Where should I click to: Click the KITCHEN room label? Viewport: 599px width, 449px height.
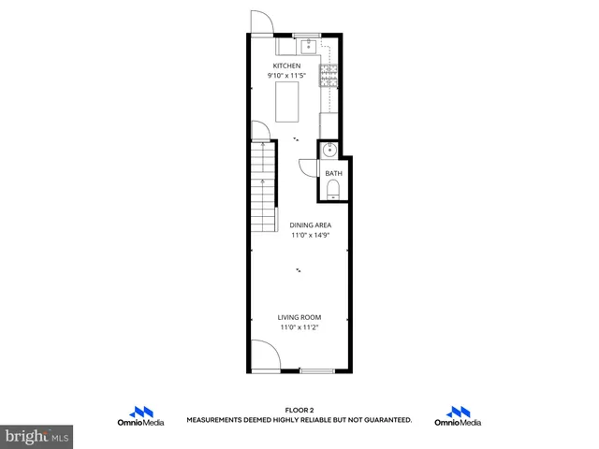coord(286,65)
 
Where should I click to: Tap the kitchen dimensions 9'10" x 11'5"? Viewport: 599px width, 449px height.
coord(286,75)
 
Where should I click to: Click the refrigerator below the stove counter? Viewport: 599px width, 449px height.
coord(329,124)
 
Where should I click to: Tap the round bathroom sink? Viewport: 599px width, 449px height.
coord(329,151)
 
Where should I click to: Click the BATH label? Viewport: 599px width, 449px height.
coord(333,173)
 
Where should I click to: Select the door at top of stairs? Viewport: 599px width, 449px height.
coord(260,135)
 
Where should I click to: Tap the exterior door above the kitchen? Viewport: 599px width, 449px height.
coord(260,22)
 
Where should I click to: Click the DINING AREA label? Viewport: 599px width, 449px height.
coord(310,225)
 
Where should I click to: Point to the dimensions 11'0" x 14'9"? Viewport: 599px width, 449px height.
coord(310,236)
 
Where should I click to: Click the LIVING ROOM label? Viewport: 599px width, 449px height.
coord(299,318)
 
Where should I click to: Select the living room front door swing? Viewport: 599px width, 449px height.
coord(264,355)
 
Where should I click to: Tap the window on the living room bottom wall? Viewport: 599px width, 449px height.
coord(316,370)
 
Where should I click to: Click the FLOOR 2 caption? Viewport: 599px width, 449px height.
coord(299,410)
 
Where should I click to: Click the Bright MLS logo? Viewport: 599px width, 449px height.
coord(37,436)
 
